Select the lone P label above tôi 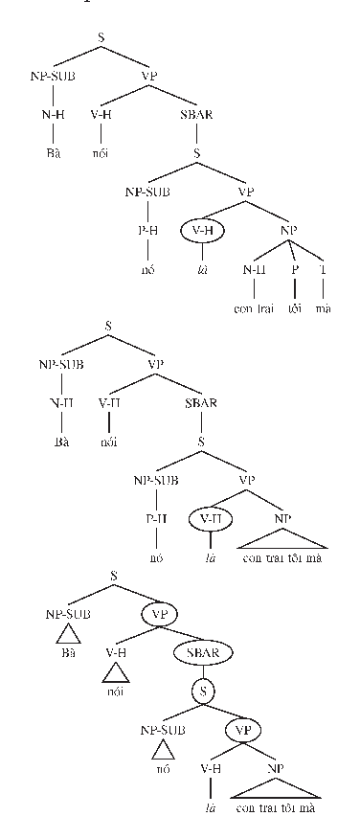(293, 269)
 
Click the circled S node (202, 688)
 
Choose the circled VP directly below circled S (241, 730)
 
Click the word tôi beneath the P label (293, 308)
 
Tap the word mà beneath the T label (324, 308)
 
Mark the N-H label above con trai (254, 269)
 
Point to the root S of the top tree (101, 38)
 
